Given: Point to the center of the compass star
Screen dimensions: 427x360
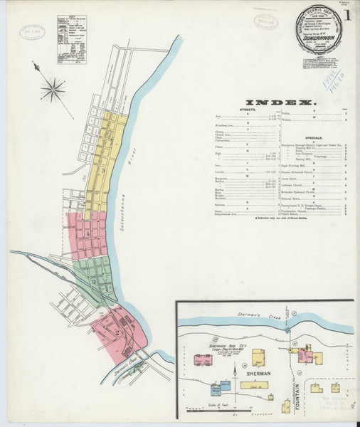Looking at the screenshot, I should click(x=52, y=90).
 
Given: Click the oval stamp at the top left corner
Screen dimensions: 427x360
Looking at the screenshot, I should click(x=30, y=32).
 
